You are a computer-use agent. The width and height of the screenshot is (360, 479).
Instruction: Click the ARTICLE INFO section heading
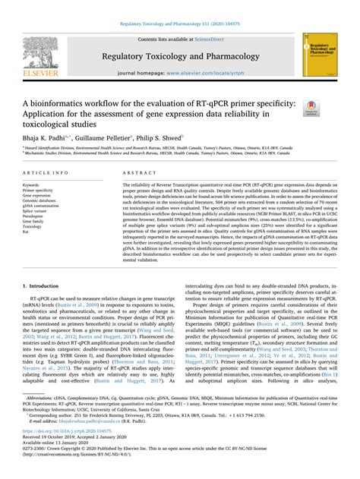coord(44,173)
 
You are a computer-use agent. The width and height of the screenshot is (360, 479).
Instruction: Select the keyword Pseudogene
coord(35,216)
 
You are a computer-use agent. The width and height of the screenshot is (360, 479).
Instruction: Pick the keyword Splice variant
coord(36,210)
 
